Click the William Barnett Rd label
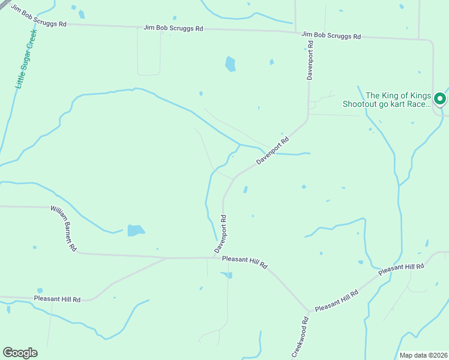click(64, 229)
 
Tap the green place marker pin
click(439, 98)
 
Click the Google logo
click(20, 353)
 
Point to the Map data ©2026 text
click(423, 355)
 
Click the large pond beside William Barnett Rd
click(136, 230)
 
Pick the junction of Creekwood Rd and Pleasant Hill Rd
click(310, 312)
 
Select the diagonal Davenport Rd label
click(273, 151)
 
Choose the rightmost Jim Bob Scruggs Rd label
click(331, 36)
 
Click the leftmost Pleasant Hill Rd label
click(57, 298)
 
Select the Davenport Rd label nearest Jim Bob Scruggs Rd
click(310, 60)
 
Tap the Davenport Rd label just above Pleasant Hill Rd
click(220, 233)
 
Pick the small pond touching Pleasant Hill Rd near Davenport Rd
click(228, 275)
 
